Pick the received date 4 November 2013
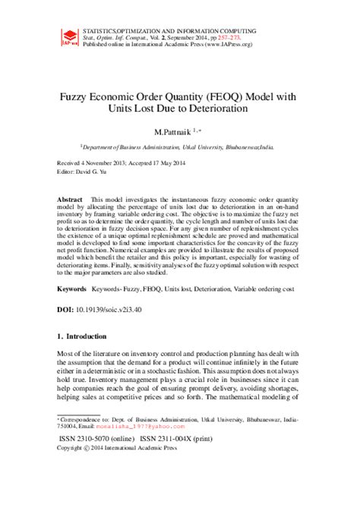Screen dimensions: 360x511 (103, 163)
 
